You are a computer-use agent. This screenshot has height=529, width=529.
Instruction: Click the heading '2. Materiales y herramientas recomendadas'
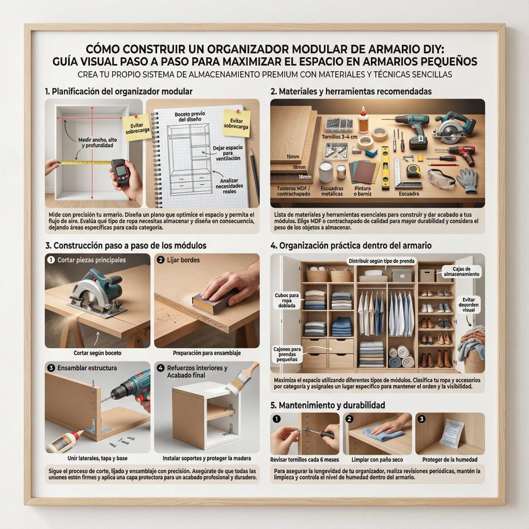point(351,91)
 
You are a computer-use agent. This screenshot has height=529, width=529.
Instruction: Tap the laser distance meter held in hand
point(120,172)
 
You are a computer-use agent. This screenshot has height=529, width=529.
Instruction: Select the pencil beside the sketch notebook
point(255,176)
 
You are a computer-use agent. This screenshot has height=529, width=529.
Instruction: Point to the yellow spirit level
point(385,167)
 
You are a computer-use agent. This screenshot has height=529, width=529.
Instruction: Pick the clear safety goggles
point(441,178)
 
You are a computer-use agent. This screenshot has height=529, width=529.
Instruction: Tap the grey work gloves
point(468,180)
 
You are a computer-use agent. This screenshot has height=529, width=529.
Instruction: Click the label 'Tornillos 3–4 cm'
point(339,137)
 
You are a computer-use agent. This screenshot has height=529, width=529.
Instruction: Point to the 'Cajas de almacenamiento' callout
point(461,272)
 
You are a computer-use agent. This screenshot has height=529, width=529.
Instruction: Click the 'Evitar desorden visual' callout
point(469,305)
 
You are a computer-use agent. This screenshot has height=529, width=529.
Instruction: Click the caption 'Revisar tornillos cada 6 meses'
point(304,459)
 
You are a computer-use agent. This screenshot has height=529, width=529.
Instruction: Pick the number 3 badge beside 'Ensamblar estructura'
point(51,368)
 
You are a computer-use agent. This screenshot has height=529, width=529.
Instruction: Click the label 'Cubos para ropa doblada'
point(286,300)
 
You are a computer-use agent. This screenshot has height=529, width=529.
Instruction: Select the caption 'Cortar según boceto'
point(97,353)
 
